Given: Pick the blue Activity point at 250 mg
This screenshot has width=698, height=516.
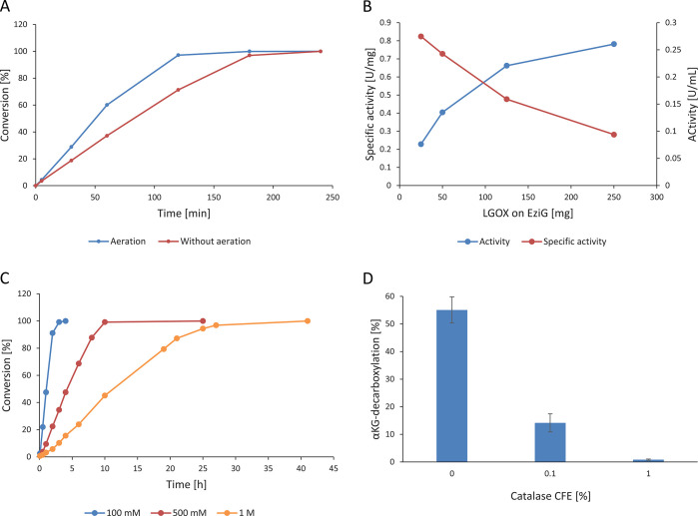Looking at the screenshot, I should [613, 44].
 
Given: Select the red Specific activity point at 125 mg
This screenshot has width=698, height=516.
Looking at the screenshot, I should [506, 99].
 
